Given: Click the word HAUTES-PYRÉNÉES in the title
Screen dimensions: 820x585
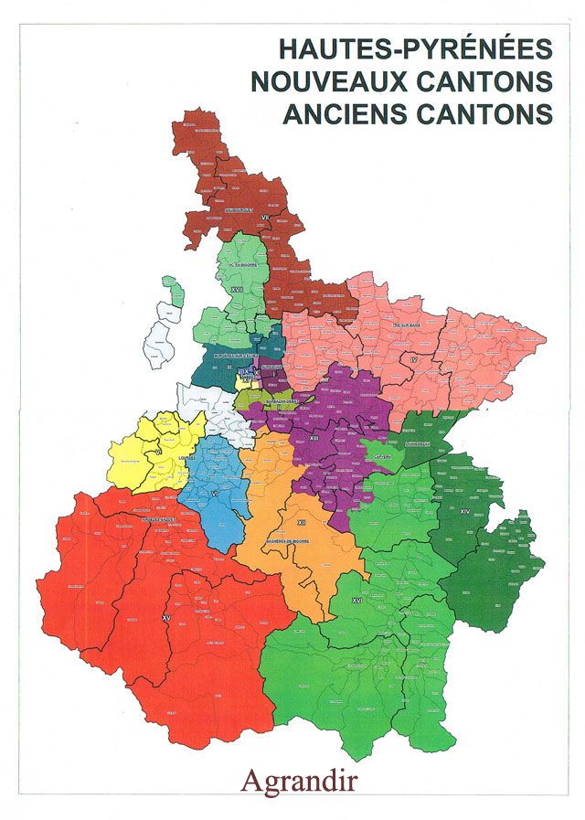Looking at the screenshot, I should click(x=415, y=48).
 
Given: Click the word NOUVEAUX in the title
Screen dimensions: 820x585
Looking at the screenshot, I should click(x=329, y=81).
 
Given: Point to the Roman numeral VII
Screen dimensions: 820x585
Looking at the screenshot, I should click(x=266, y=217).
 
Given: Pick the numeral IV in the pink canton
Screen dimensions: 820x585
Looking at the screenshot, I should click(x=414, y=362).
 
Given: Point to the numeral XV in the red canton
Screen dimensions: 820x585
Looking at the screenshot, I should click(x=166, y=619).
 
